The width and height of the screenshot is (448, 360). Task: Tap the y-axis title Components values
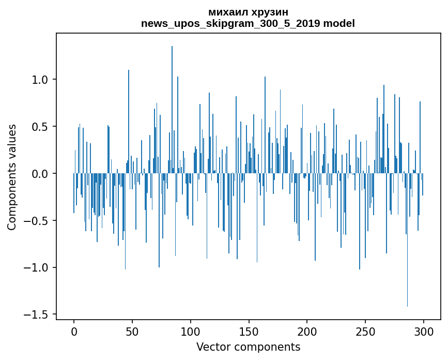12,177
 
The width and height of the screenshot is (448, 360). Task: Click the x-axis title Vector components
248,347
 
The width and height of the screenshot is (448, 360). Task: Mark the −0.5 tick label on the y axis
37,221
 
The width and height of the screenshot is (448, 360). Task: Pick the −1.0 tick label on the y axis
37,268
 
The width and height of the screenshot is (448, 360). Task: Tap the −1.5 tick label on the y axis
37,314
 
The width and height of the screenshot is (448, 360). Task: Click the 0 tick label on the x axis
74,331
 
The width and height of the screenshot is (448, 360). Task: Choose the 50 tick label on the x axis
132,331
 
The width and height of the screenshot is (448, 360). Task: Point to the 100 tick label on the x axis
191,331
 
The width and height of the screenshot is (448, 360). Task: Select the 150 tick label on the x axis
249,331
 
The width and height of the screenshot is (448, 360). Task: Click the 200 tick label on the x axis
307,331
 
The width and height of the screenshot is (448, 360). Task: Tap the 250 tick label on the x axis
365,331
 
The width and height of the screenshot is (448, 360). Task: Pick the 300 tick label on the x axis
424,331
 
